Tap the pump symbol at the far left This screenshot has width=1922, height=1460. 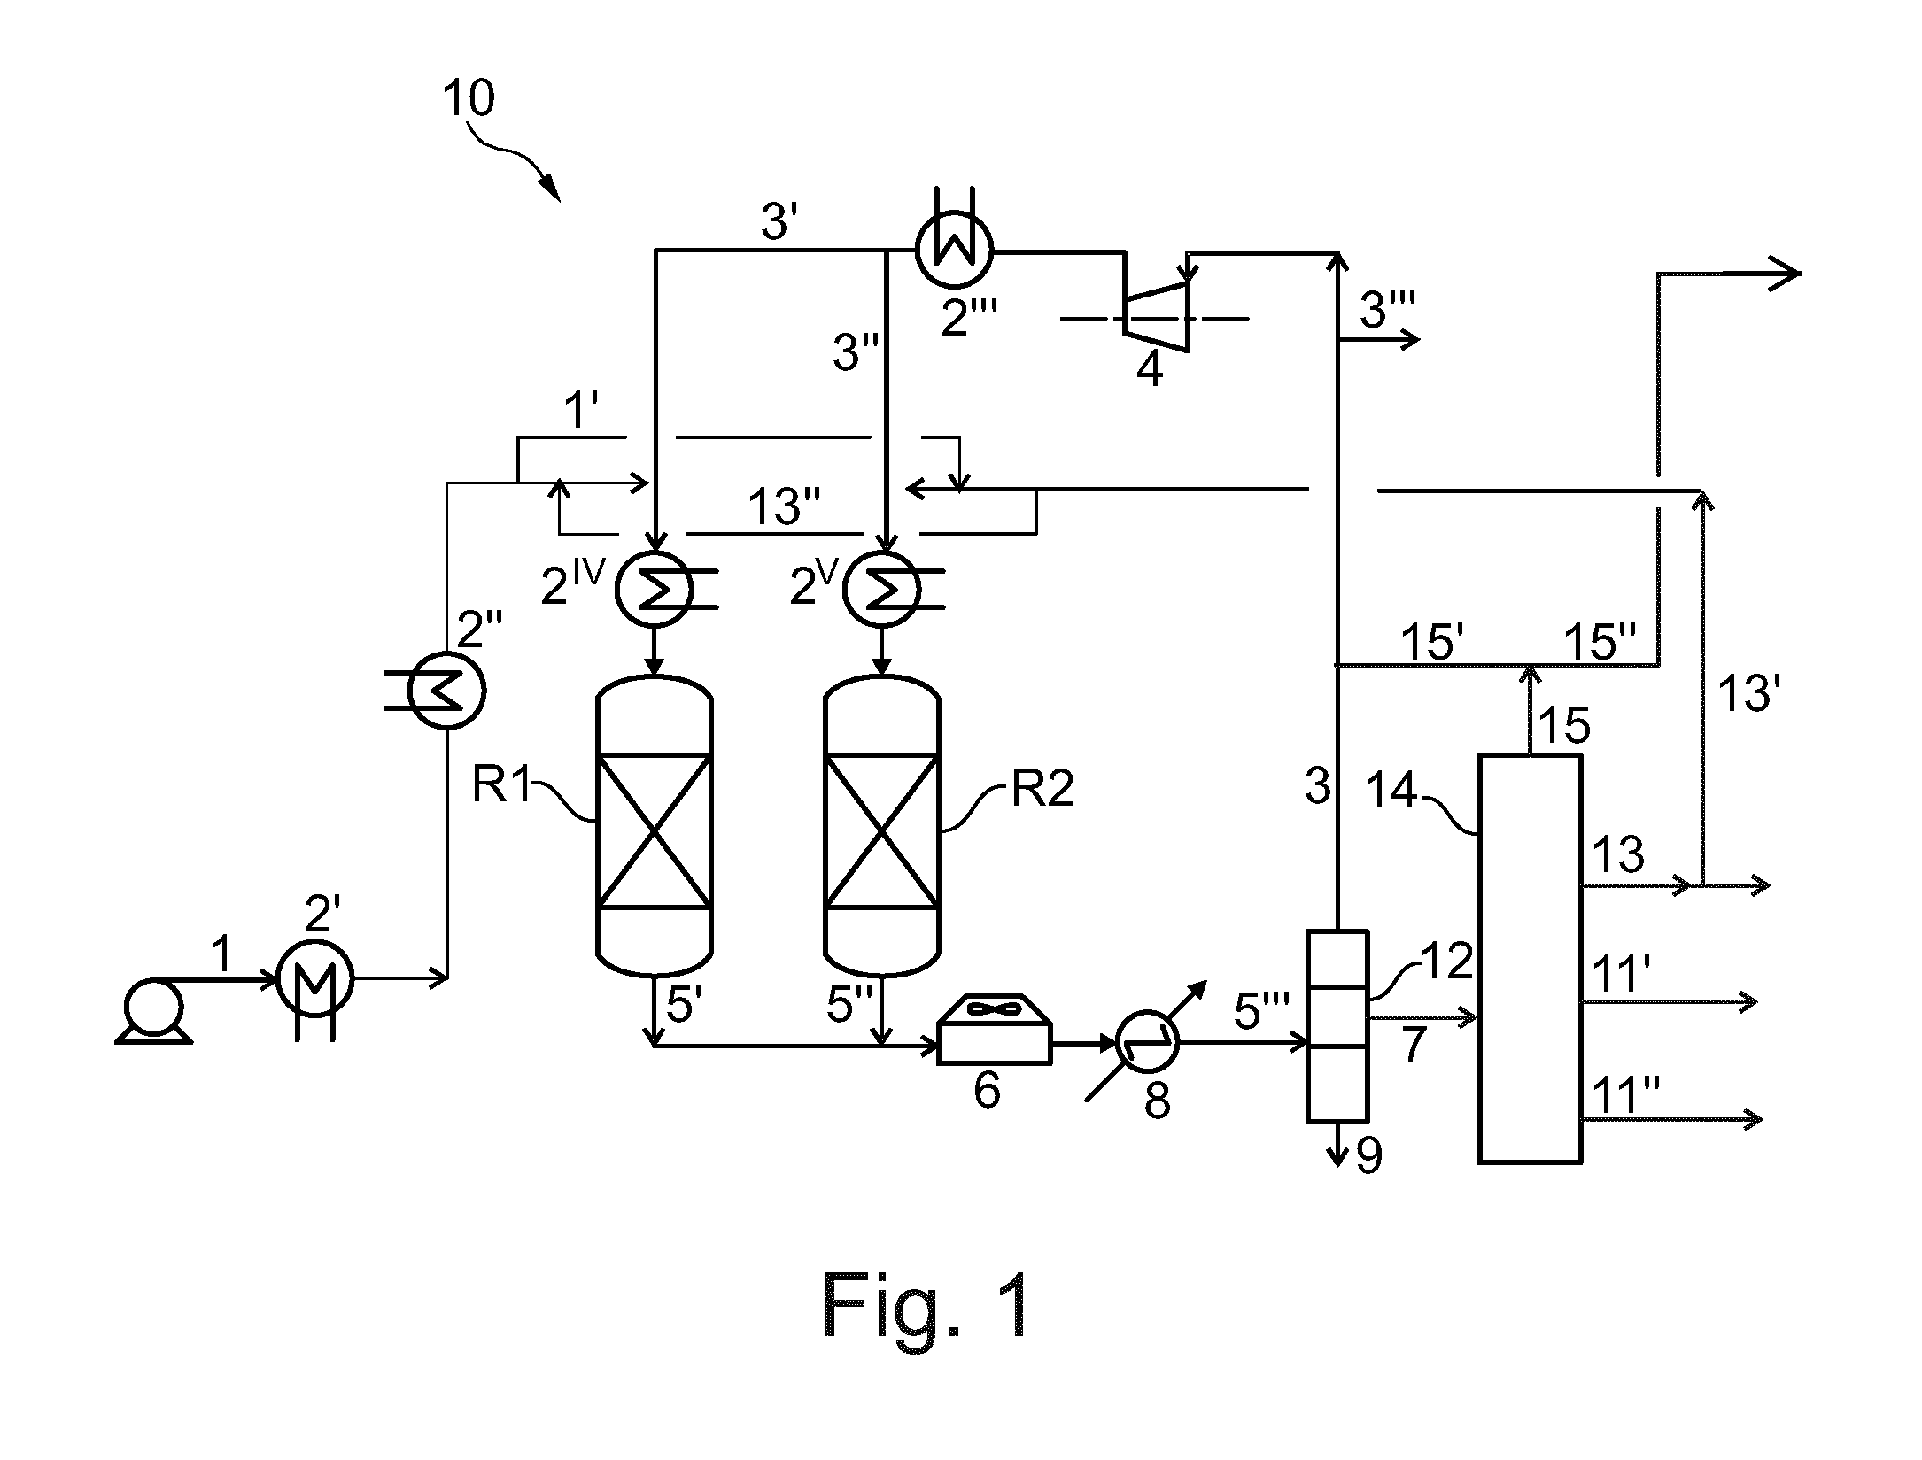(x=153, y=1009)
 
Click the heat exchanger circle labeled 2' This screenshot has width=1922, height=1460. (x=315, y=979)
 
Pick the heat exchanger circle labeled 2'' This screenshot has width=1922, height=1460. (x=446, y=690)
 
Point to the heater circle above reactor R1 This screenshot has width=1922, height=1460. (x=655, y=589)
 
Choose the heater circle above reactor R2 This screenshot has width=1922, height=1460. (x=882, y=589)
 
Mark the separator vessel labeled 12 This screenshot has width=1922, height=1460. (x=1338, y=1025)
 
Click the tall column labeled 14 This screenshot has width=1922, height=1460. (x=1530, y=958)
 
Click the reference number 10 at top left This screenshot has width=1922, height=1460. (x=468, y=98)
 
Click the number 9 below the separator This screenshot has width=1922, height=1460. (x=1369, y=1156)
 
